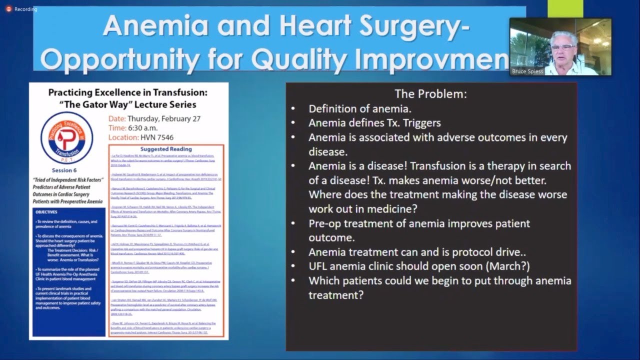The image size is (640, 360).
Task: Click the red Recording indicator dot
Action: (x=8, y=9)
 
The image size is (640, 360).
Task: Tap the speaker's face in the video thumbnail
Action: (x=563, y=47)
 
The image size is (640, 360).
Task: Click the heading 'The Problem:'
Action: (x=430, y=93)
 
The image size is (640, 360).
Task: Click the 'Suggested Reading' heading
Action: (x=165, y=149)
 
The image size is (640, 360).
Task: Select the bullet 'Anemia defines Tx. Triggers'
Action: (x=374, y=122)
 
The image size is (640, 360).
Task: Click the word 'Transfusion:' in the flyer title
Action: (x=178, y=92)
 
